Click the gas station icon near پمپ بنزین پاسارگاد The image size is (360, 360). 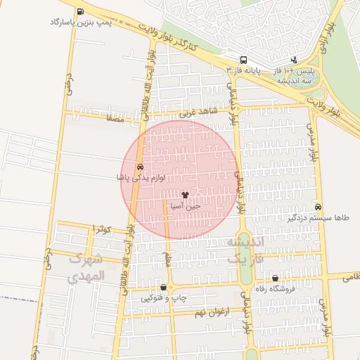(x=80, y=12)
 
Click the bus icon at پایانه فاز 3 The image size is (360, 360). (x=243, y=60)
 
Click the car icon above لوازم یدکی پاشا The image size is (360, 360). (x=140, y=167)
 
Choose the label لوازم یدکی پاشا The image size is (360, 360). (x=141, y=178)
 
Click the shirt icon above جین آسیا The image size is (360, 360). (x=185, y=195)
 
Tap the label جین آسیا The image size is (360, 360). (x=185, y=206)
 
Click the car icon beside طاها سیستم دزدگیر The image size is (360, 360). (x=319, y=207)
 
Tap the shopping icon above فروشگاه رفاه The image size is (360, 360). (x=275, y=278)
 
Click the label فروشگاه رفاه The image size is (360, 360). (x=275, y=288)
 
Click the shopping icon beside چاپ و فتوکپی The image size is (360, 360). (x=164, y=287)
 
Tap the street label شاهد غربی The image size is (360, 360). (x=195, y=112)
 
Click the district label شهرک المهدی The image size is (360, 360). (x=87, y=267)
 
